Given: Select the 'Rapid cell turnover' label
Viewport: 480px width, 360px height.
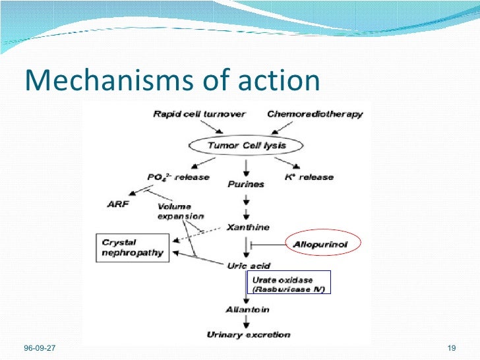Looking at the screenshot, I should (199, 114).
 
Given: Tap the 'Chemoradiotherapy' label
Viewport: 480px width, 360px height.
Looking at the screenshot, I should (315, 114).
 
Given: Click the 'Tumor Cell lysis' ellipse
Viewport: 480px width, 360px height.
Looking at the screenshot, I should (247, 146).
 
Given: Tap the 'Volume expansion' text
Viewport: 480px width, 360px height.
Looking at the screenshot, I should (181, 210).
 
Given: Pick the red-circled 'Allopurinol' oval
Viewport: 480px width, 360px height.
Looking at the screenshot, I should (319, 244).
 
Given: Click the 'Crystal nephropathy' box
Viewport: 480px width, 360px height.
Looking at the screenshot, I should (132, 247).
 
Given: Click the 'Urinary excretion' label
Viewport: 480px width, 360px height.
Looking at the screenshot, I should (248, 334).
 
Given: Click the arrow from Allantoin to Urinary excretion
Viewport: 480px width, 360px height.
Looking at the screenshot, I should (246, 322).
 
